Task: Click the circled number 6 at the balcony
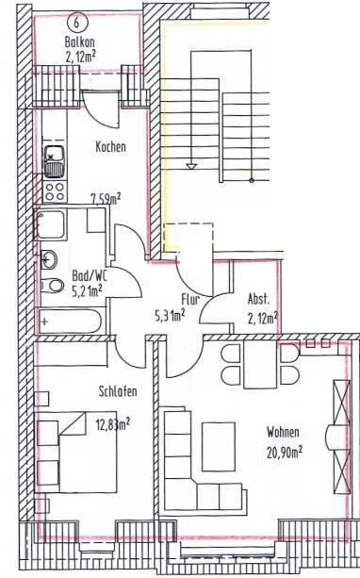[x=76, y=22]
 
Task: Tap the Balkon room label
[x=78, y=41]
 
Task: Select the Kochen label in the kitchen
[x=110, y=147]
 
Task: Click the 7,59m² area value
[x=106, y=200]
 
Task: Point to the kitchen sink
[x=55, y=161]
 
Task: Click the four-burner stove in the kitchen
[x=55, y=191]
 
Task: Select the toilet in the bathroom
[x=52, y=286]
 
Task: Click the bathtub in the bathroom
[x=70, y=322]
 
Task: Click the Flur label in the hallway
[x=190, y=299]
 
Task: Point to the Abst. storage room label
[x=258, y=299]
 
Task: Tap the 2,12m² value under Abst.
[x=262, y=317]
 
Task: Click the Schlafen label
[x=118, y=391]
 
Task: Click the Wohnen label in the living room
[x=283, y=432]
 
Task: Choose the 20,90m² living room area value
[x=285, y=452]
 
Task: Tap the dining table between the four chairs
[x=260, y=365]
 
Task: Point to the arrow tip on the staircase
[x=190, y=169]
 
